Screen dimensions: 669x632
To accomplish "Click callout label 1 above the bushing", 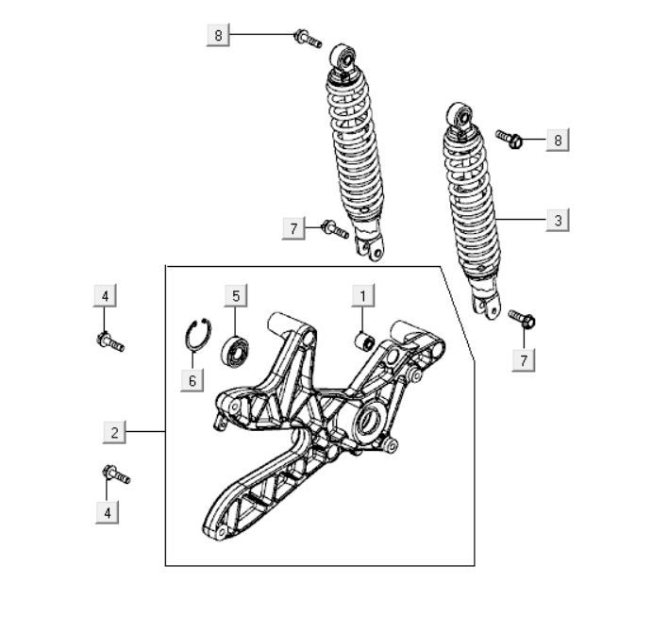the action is [363, 295].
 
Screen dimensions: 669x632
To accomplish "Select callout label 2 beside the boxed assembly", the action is [114, 432].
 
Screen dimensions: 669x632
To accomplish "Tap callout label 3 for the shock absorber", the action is [558, 220].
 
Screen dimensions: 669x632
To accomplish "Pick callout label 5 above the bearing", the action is [236, 295].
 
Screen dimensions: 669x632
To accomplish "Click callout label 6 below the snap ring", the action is [192, 380].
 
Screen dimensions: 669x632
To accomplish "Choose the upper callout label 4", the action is [105, 295].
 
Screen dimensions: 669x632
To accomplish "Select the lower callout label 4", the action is [107, 512].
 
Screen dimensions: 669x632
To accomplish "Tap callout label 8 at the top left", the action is [218, 35].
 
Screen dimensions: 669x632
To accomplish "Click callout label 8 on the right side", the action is [558, 140].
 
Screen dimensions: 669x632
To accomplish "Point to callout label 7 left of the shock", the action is [293, 228].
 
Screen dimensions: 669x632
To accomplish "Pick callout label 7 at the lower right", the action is [524, 360].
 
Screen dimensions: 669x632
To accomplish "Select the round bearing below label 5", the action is [235, 351].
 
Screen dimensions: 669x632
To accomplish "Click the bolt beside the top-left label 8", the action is [308, 39].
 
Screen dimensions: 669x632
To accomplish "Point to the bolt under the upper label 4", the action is [110, 341].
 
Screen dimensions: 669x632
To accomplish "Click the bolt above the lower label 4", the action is [116, 474].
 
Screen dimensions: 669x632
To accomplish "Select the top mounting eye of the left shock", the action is [343, 58].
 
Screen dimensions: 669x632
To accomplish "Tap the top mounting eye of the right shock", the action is [460, 116].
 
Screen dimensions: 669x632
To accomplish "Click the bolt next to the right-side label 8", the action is [510, 139].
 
